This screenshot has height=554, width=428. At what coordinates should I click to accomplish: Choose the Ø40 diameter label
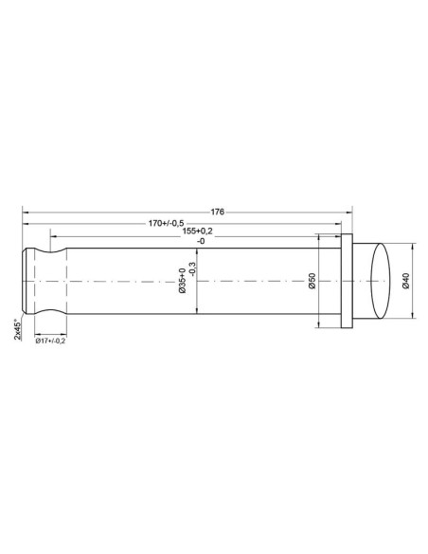click(x=405, y=282)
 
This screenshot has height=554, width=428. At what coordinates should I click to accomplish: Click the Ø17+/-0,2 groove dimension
click(x=50, y=342)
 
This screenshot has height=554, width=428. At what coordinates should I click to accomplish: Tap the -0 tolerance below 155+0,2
click(x=198, y=242)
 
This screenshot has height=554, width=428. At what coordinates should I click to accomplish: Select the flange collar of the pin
click(x=346, y=282)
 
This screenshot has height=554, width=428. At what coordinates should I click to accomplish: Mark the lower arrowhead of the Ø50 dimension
click(x=320, y=325)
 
